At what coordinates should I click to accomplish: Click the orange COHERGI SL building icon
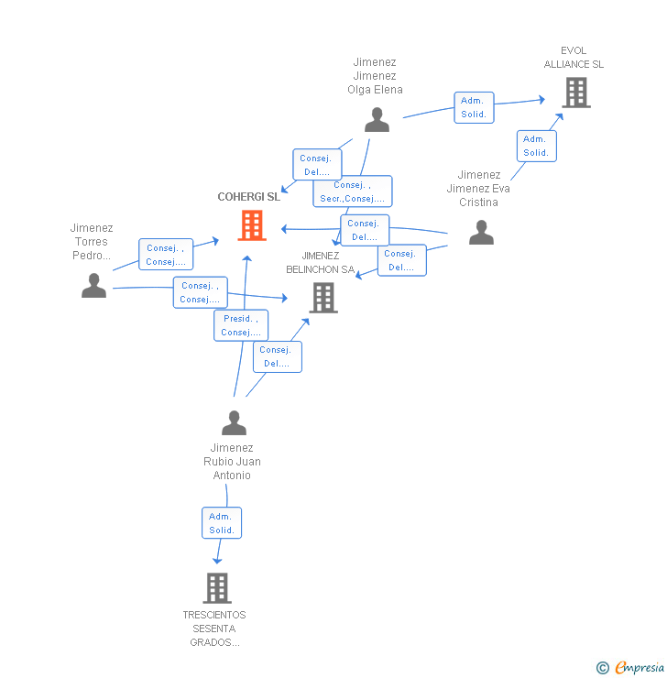[252, 225]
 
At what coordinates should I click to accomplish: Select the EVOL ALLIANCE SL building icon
[575, 93]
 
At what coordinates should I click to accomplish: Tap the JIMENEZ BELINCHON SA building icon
[323, 298]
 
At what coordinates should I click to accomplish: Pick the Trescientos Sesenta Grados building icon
[216, 587]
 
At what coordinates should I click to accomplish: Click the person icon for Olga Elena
[377, 120]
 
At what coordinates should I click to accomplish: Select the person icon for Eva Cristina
[481, 233]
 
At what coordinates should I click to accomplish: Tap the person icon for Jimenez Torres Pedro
[93, 286]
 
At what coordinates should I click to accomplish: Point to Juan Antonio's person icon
[235, 423]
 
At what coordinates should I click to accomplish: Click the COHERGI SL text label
[248, 197]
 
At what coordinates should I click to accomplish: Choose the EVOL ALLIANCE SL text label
[574, 58]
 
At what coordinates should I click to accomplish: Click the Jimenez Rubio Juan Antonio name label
[232, 462]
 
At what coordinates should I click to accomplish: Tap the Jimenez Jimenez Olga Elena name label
[375, 76]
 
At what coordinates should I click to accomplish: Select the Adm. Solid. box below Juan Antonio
[222, 523]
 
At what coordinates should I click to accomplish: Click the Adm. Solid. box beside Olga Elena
[474, 107]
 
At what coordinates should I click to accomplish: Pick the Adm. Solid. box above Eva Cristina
[536, 146]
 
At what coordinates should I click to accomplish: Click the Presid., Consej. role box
[241, 325]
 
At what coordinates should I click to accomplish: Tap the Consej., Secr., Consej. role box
[353, 191]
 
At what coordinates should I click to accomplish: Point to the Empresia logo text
[639, 668]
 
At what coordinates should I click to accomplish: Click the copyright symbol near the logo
[602, 668]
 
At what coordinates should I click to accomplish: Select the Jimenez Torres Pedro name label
[92, 242]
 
